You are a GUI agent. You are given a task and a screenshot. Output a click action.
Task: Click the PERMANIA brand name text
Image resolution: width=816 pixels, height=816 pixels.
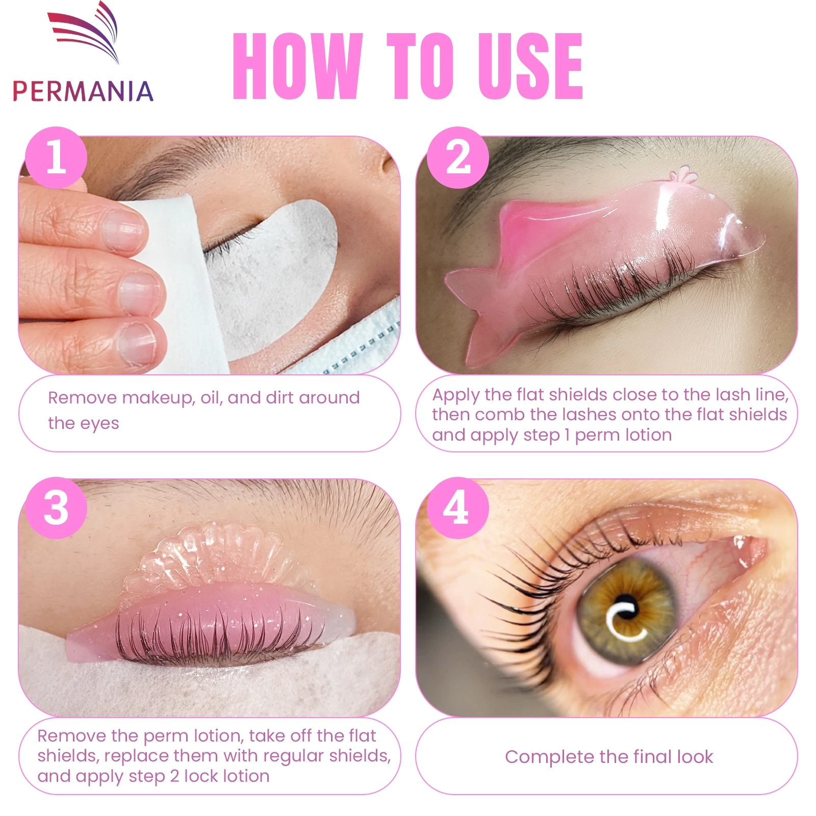[83, 92]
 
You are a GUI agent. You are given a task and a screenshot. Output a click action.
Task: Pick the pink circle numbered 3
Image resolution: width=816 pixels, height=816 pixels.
[56, 508]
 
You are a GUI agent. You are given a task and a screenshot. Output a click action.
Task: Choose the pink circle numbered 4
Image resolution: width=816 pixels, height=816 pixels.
[458, 508]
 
